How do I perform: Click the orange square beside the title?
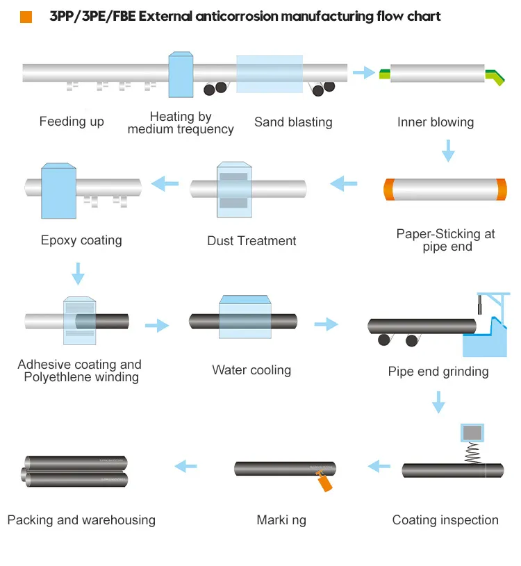[26, 17]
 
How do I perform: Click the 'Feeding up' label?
[72, 122]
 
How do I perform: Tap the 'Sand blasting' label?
[293, 122]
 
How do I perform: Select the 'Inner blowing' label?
[436, 122]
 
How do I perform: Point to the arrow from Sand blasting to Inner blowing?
[363, 72]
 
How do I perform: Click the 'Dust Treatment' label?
[251, 241]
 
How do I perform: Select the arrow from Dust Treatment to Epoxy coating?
[165, 183]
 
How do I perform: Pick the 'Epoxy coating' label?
[81, 240]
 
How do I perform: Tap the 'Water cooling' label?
[251, 370]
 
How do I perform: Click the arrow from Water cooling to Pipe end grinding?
[326, 324]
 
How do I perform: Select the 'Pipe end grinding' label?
[438, 372]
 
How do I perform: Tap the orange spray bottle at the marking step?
[323, 481]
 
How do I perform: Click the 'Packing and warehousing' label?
[81, 520]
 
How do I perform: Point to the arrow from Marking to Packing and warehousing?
[185, 466]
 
